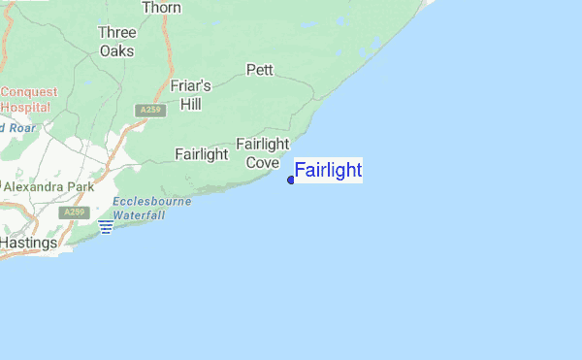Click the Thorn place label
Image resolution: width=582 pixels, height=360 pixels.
click(x=161, y=8)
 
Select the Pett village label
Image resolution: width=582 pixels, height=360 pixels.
click(x=260, y=70)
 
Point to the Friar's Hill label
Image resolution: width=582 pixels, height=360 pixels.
click(x=190, y=94)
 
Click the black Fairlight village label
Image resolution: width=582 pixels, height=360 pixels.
click(x=201, y=153)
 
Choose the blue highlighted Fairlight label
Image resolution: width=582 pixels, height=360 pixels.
click(x=328, y=171)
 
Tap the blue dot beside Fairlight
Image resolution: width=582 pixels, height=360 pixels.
click(x=291, y=180)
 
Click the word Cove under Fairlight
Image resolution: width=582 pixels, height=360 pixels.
click(x=263, y=162)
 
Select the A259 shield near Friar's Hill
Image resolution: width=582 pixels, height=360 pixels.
click(x=147, y=110)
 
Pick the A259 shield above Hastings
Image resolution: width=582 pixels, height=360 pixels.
click(x=73, y=212)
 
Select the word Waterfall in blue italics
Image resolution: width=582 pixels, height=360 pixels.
click(x=138, y=215)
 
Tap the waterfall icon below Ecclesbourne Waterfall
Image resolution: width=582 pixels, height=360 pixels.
click(x=106, y=227)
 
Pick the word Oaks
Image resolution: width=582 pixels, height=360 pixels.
click(x=116, y=49)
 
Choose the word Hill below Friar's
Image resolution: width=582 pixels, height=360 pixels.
click(x=190, y=103)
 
